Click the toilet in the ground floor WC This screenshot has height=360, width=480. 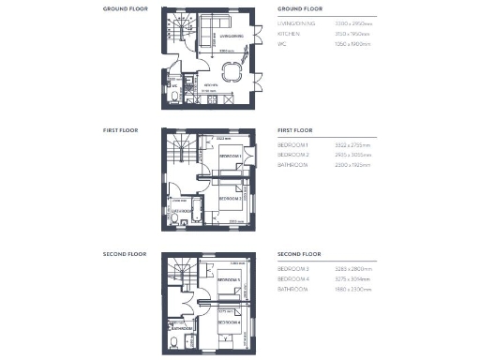click(x=175, y=98)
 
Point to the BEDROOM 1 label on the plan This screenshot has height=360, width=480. click(x=230, y=155)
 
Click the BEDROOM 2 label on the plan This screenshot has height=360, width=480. click(x=231, y=198)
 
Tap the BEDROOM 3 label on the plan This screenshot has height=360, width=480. click(x=230, y=279)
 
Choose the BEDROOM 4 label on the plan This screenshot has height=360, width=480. click(x=230, y=322)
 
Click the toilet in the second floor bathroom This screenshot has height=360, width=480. click(x=174, y=338)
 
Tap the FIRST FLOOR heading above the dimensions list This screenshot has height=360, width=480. click(x=296, y=130)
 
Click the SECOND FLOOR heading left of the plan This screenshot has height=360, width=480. click(x=125, y=254)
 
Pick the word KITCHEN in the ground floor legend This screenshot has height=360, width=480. click(x=289, y=32)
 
